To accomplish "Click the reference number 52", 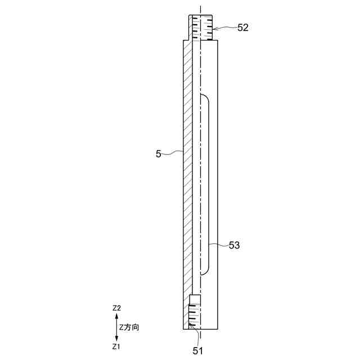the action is (243, 28).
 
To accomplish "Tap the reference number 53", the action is (234, 245).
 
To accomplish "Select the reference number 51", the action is (197, 351).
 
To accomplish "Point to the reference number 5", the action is (159, 154).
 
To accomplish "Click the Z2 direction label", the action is (116, 308).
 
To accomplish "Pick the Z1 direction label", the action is (116, 346).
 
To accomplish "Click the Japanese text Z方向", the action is (129, 327).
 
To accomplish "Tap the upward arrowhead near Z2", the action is (116, 316).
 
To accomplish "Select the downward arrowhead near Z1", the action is (116, 339).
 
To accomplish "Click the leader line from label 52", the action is (225, 28).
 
